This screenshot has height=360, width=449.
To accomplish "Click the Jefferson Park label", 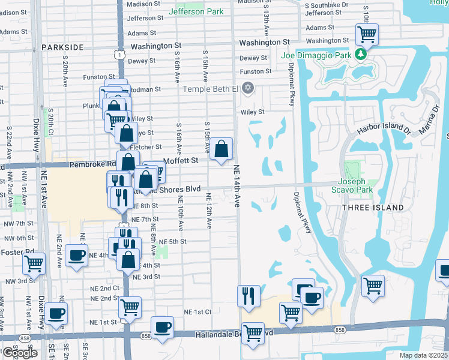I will [x=196, y=11].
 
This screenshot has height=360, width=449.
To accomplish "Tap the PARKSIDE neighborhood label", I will [x=62, y=47].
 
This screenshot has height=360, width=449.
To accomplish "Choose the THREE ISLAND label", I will [x=373, y=207].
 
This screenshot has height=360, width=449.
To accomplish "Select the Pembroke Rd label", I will [x=92, y=164].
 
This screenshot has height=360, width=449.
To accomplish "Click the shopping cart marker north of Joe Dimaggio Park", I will [x=367, y=34].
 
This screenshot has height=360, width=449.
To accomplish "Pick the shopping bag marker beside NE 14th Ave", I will [x=221, y=148].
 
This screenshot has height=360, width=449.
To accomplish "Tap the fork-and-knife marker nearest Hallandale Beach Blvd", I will [x=249, y=296].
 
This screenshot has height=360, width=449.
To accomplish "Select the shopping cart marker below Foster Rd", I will [x=34, y=262].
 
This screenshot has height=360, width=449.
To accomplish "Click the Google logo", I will [x=19, y=353].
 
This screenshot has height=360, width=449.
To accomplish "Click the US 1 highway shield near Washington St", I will [x=121, y=55].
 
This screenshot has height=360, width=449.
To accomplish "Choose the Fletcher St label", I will [x=147, y=146].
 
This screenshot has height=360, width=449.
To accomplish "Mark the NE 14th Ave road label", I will [x=237, y=186].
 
